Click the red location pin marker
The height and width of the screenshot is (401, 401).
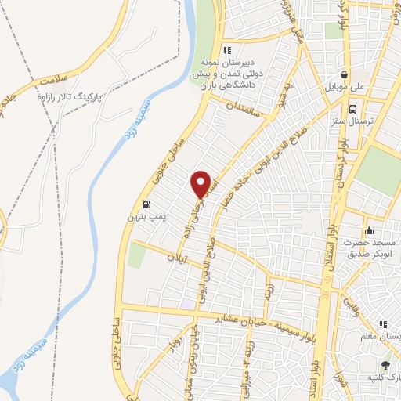(x=203, y=183)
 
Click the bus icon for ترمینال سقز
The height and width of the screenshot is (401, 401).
(x=354, y=110)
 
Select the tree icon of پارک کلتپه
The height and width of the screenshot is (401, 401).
(x=385, y=364)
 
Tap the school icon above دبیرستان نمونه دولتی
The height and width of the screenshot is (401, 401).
(x=227, y=51)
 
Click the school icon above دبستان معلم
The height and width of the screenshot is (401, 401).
(x=383, y=324)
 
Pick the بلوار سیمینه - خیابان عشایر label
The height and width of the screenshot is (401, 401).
(x=244, y=320)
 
